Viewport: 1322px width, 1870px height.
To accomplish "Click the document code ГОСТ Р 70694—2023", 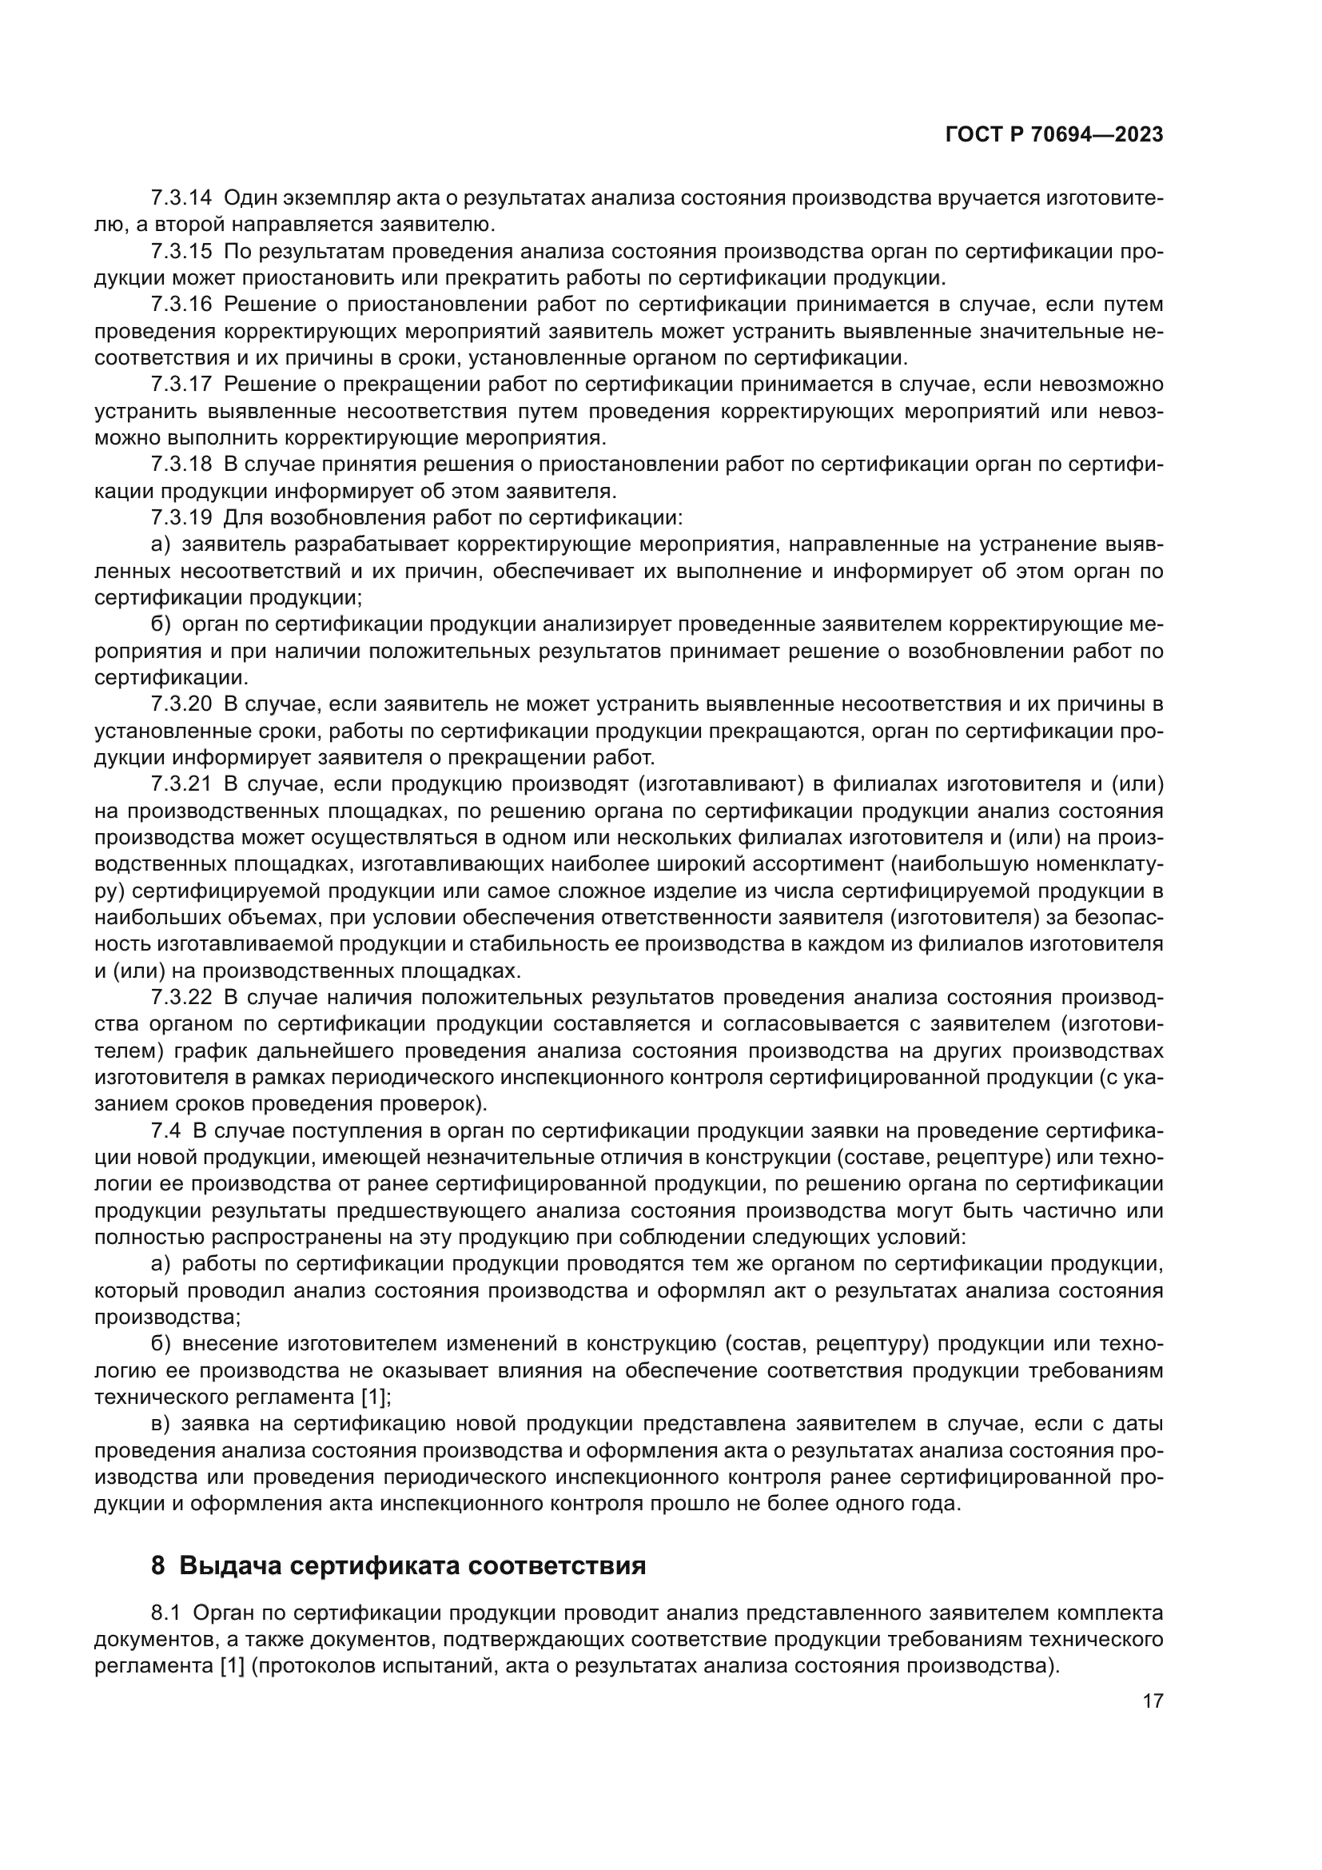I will [1054, 134].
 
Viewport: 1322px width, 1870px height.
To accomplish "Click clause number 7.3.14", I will [181, 197].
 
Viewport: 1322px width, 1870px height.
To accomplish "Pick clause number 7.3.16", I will [181, 305].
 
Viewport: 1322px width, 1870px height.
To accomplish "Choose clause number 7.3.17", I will [181, 385].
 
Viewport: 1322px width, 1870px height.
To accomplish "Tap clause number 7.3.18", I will [181, 465].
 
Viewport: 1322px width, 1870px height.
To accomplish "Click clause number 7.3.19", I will [181, 518].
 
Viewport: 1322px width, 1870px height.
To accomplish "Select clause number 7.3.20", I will [181, 704].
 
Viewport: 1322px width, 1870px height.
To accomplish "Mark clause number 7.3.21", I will [181, 783].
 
